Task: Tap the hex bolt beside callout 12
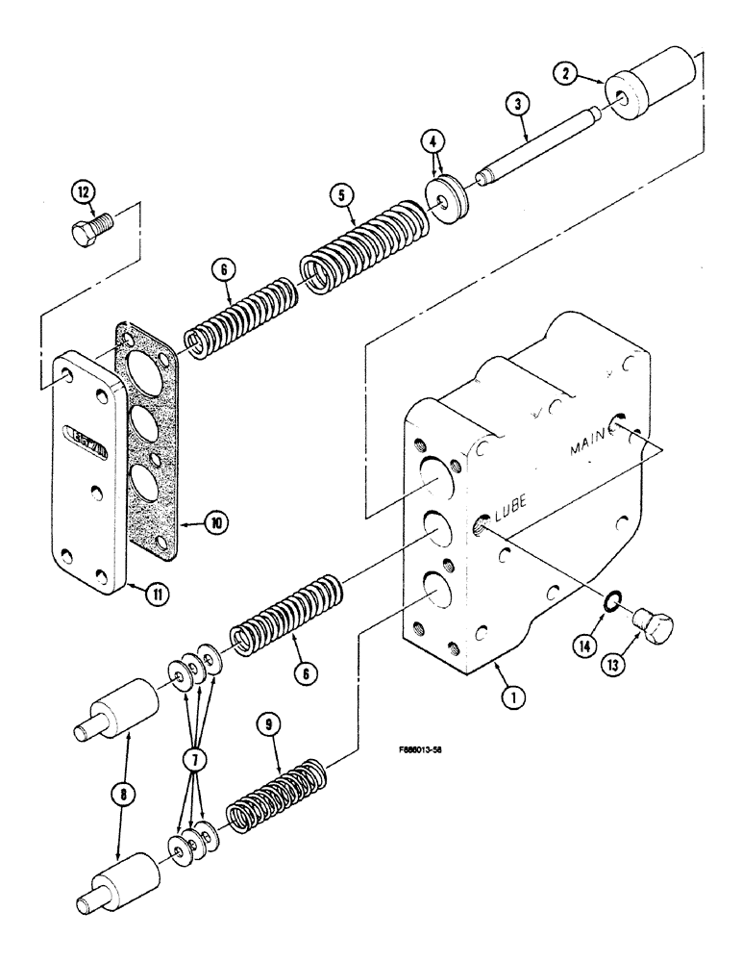tap(92, 231)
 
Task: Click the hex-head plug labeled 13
tap(655, 630)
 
